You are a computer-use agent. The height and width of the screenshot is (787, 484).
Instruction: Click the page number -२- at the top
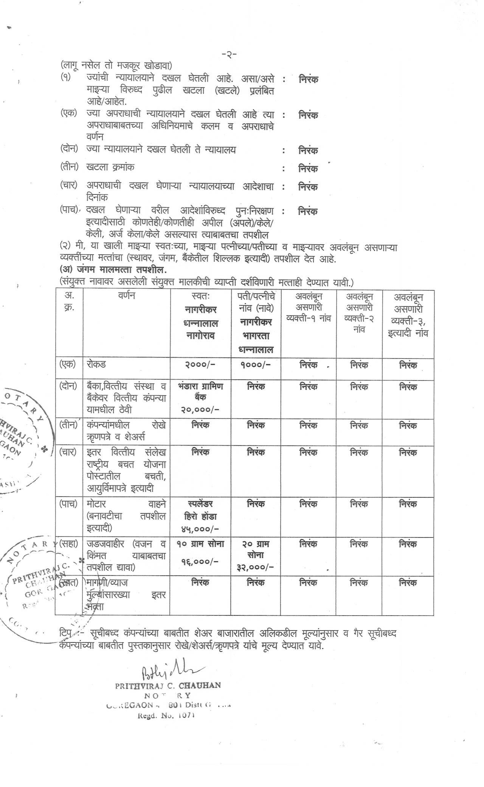coord(229,54)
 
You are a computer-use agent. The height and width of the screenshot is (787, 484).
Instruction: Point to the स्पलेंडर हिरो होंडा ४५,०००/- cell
coord(200,516)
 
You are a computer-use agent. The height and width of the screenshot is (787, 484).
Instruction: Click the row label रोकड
coord(96,364)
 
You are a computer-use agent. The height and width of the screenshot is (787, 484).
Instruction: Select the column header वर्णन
coord(126,296)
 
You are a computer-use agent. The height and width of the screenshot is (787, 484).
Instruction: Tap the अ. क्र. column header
coord(69,301)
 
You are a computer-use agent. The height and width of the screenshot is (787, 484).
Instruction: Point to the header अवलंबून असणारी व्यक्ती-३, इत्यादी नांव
coord(408,315)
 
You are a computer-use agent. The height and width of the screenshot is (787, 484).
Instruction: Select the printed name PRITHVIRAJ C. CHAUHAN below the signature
coord(168,685)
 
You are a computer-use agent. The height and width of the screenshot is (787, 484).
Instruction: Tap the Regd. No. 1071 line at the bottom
coord(166,715)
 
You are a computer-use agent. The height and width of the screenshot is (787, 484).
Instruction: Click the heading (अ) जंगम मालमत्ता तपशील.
coord(113,270)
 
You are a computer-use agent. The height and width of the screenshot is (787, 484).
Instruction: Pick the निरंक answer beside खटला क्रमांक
coord(308,168)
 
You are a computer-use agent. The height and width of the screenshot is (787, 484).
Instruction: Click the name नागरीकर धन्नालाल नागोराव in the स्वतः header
coord(200,323)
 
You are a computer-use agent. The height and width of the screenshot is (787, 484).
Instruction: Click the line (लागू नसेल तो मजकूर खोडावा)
coord(116,65)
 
